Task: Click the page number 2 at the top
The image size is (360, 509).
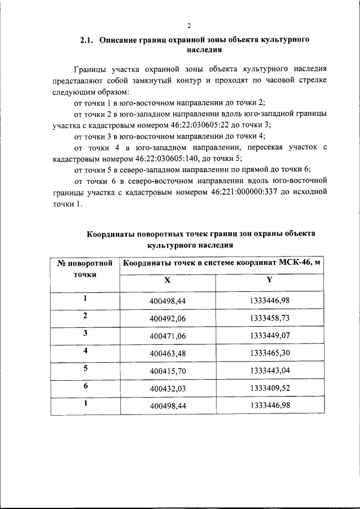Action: tap(189, 25)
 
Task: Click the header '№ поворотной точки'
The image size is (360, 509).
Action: tap(85, 268)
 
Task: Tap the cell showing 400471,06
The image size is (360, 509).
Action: tap(167, 335)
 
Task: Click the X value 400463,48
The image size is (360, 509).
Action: tap(167, 353)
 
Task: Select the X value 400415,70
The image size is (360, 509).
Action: tap(167, 371)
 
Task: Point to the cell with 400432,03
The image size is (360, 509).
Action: tap(167, 388)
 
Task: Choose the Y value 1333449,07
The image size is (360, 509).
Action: tap(269, 335)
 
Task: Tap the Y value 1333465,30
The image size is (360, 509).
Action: tap(269, 353)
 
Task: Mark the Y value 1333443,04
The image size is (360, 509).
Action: tap(269, 371)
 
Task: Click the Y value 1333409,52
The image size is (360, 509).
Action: tap(269, 388)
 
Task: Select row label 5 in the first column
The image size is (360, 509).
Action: tap(85, 368)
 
